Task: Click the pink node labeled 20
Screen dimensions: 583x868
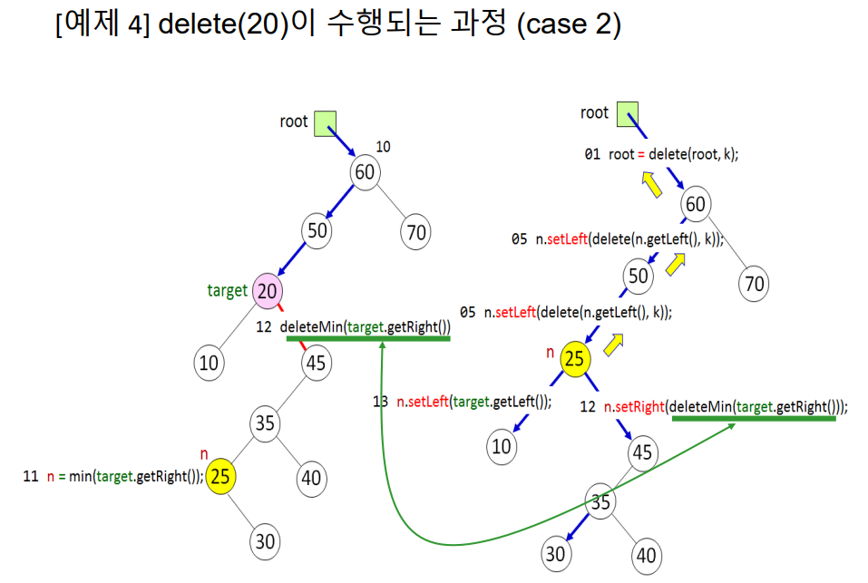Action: coord(267,291)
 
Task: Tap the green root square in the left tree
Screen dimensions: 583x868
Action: coord(325,123)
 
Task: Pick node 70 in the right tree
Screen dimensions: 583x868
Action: coord(755,284)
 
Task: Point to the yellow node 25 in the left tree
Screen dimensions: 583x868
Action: coord(220,476)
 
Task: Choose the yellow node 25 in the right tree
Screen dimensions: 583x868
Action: coord(573,360)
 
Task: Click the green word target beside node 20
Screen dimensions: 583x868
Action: coord(227,291)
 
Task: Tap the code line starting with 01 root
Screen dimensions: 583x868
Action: coord(661,154)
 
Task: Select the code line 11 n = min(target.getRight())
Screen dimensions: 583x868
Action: coord(112,477)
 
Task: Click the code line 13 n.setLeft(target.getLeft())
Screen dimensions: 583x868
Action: coord(463,403)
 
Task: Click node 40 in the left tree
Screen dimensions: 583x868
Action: coord(311,478)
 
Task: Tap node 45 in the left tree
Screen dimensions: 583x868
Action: coord(317,364)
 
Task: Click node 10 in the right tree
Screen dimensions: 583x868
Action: coord(502,445)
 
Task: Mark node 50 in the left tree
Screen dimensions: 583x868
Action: coord(317,231)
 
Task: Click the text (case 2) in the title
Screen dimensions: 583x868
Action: coord(569,25)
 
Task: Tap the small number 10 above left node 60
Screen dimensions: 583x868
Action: coord(383,146)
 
